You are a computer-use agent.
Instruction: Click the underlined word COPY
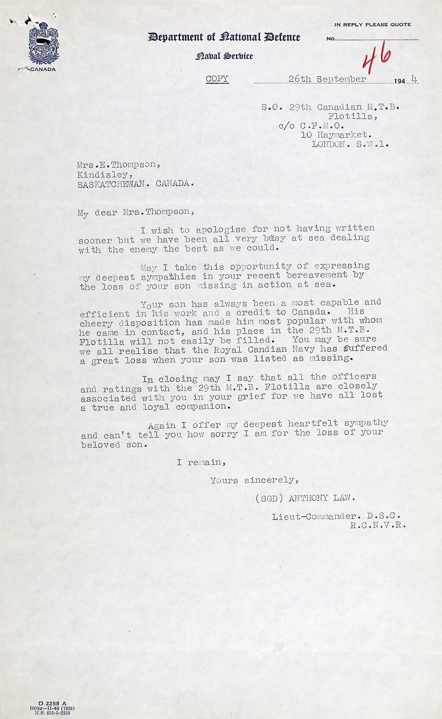coord(217,79)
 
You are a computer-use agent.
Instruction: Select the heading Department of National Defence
coord(224,37)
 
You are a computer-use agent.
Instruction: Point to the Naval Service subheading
coord(224,56)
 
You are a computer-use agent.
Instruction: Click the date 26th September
coord(327,79)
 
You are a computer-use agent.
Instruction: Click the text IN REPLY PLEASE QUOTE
coord(372,25)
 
